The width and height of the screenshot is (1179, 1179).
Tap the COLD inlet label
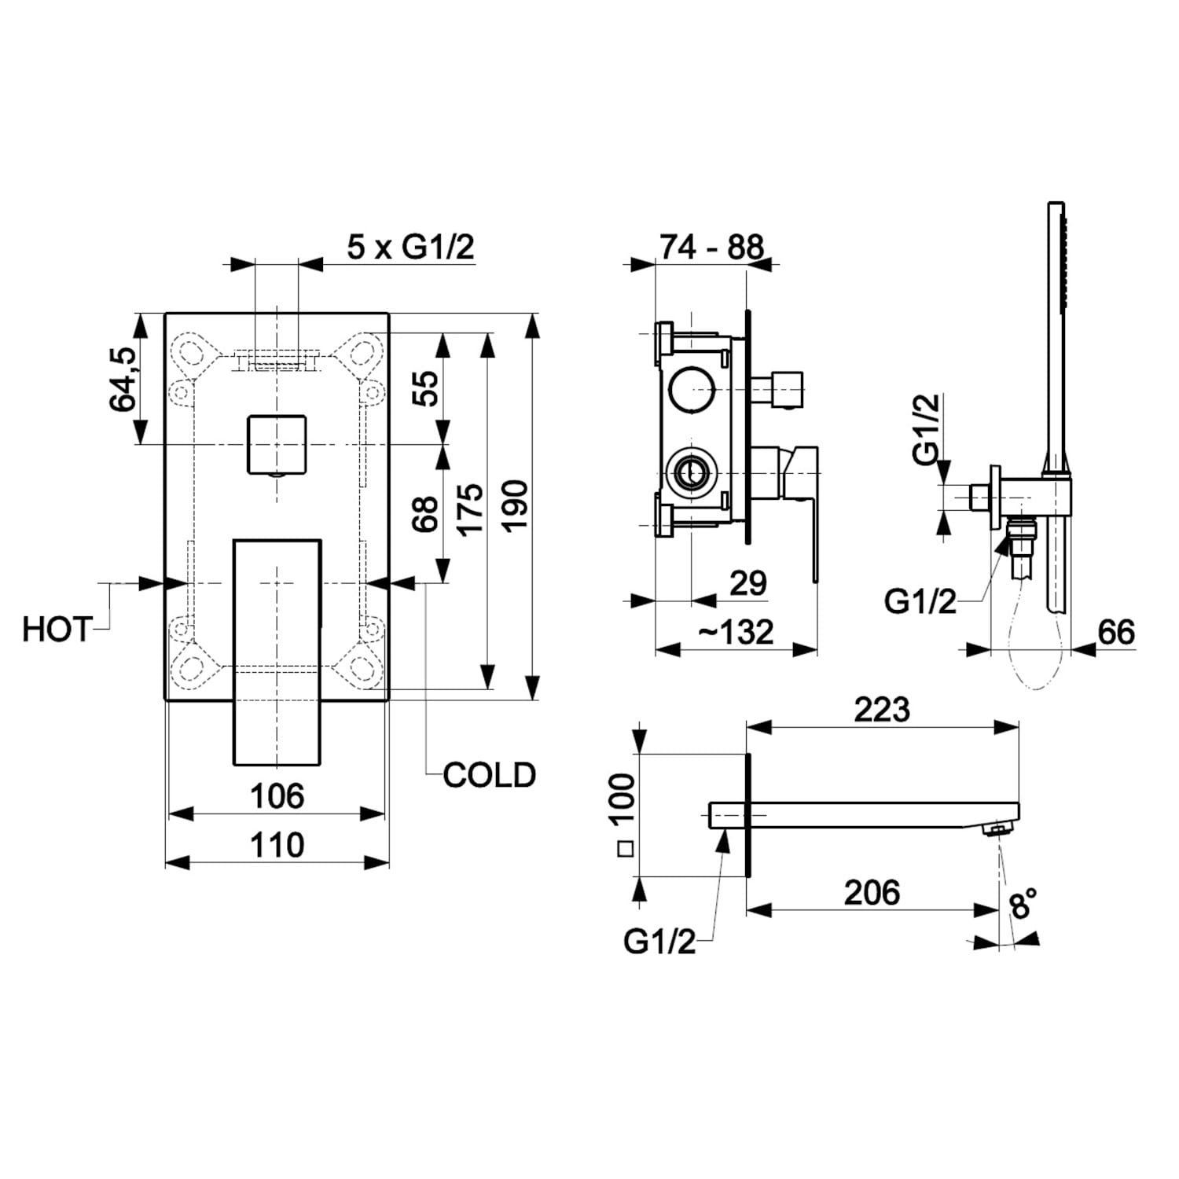pos(489,775)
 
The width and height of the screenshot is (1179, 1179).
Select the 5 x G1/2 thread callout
pos(411,248)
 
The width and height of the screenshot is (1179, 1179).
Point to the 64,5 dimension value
pos(124,379)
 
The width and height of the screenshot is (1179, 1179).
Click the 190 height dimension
pos(516,505)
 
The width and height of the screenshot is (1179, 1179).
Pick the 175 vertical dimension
pos(469,509)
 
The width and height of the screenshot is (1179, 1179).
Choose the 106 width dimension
pos(277,796)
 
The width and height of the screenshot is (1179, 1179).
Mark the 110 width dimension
pos(277,846)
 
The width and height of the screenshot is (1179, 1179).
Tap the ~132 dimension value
pos(736,632)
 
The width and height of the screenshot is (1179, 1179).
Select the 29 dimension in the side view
pos(747,583)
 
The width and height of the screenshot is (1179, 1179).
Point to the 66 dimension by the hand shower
pos(1116,632)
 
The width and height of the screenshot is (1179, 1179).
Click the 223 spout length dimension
pos(882,710)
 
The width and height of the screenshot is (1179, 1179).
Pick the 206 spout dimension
pos(872,893)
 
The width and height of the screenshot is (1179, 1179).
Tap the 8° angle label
pos(1023,903)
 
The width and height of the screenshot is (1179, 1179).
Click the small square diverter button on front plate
pos(276,445)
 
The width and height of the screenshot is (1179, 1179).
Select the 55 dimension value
pos(426,387)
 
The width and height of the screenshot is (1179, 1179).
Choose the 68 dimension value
pos(426,513)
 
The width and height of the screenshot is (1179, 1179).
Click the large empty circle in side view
pos(692,388)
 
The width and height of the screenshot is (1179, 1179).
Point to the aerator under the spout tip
pos(1001,828)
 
